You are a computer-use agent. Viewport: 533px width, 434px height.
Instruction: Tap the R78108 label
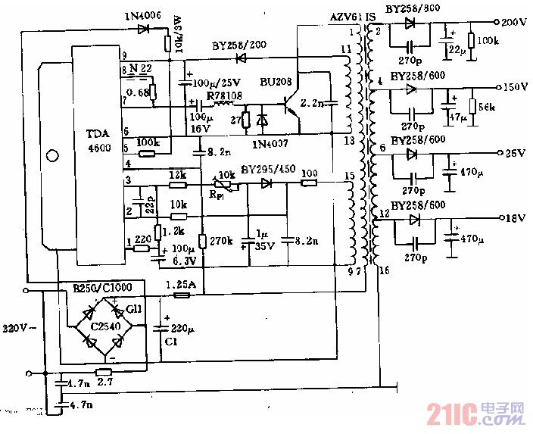point(224,96)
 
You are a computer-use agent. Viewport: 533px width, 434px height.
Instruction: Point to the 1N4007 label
point(272,142)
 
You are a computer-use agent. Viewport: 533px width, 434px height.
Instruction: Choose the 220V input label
point(15,329)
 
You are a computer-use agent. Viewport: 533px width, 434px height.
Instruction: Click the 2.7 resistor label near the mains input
point(104,383)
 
